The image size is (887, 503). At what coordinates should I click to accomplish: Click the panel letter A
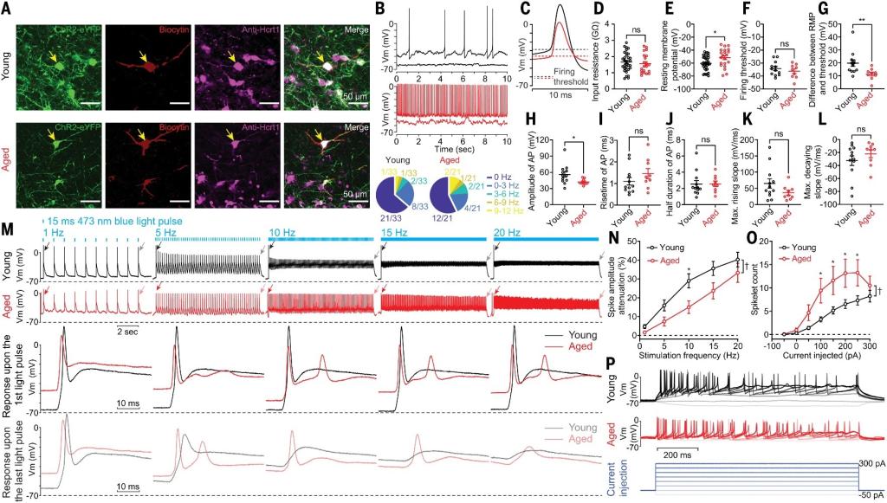(7, 8)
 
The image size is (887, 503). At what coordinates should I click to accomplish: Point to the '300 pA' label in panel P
(869, 465)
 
